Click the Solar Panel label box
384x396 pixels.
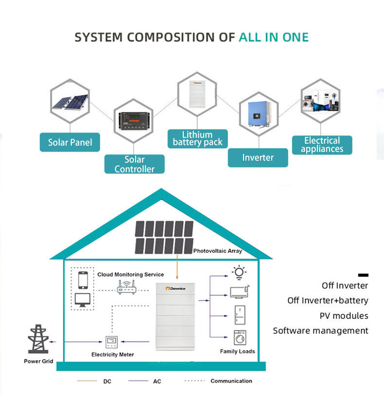click(x=70, y=142)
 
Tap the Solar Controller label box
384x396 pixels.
click(x=134, y=164)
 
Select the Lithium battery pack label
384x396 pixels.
click(x=197, y=138)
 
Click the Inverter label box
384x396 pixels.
click(x=258, y=158)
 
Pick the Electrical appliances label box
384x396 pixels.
click(x=322, y=145)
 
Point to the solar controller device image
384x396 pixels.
click(x=134, y=121)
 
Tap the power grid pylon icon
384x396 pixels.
click(x=38, y=339)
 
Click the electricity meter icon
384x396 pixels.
click(x=112, y=342)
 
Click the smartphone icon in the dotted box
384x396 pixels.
click(x=83, y=280)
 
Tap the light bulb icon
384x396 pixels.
click(x=239, y=273)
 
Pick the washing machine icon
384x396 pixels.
click(x=240, y=338)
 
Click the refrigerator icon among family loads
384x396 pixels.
click(x=240, y=315)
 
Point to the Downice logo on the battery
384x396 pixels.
click(x=175, y=288)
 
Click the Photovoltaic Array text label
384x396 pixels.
click(x=218, y=251)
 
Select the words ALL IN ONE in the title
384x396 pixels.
click(x=274, y=37)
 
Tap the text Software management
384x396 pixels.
click(x=320, y=330)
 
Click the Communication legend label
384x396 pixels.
click(x=231, y=381)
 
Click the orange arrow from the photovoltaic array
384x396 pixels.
click(x=177, y=267)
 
